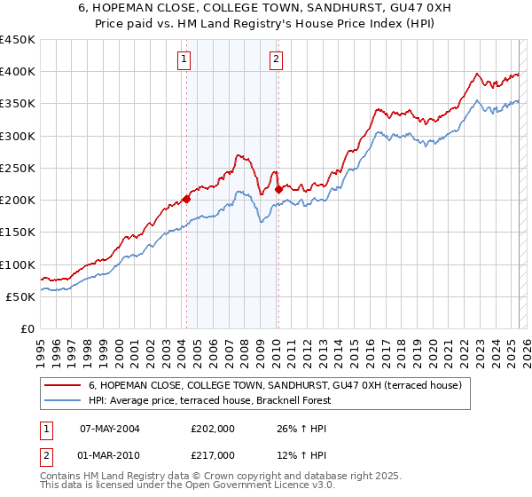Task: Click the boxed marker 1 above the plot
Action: (x=184, y=60)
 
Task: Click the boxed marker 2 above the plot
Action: (x=277, y=60)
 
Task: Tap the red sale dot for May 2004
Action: (x=186, y=199)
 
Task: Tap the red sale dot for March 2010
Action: (x=278, y=189)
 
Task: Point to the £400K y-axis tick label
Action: (x=18, y=72)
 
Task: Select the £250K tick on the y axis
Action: (x=18, y=168)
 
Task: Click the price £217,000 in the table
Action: (x=212, y=454)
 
